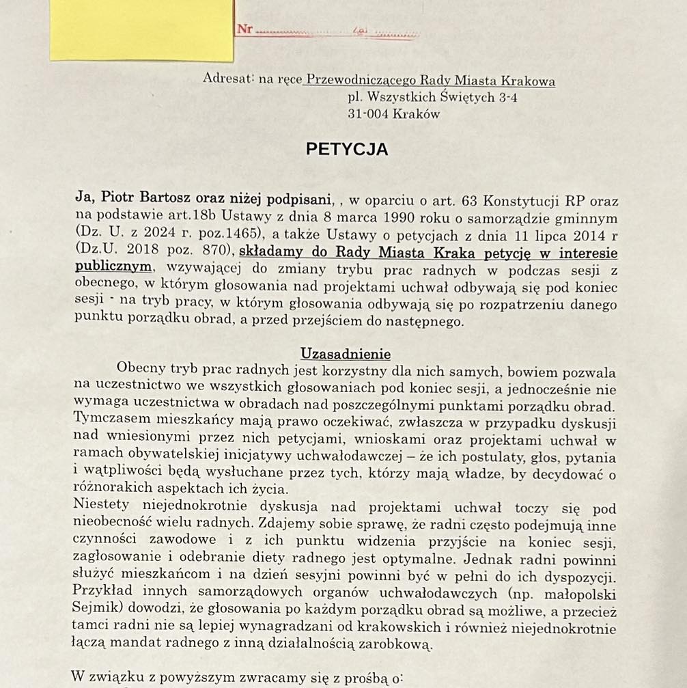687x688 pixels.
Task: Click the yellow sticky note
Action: [141, 30]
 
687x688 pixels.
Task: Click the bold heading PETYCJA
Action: [347, 150]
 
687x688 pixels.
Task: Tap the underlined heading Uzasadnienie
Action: [346, 354]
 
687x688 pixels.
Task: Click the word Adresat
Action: [228, 78]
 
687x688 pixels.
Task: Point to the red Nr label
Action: [244, 29]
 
